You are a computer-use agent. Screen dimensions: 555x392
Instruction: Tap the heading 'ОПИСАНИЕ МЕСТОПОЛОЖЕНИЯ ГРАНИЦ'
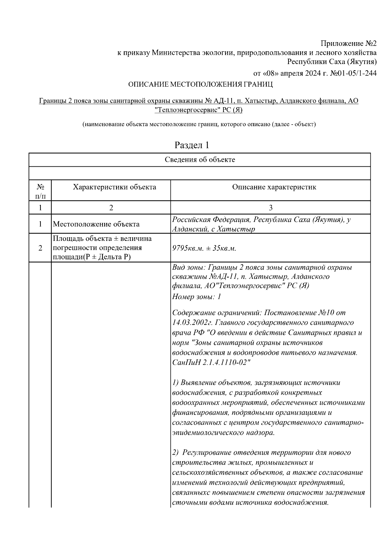coord(200,84)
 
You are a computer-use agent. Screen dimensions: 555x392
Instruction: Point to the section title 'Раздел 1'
coord(192,145)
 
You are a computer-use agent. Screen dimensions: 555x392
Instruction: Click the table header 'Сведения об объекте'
coord(200,160)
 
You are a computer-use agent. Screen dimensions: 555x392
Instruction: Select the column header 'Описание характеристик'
coord(274,187)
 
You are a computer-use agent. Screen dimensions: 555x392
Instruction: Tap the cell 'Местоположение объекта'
coord(96,224)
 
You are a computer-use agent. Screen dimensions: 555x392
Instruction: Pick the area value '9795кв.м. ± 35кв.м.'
coord(204,248)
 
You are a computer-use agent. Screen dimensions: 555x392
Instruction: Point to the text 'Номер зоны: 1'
coord(197,297)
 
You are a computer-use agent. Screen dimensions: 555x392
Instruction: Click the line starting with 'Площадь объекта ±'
coord(102,238)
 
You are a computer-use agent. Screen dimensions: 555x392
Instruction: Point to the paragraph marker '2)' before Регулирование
coord(175,453)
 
